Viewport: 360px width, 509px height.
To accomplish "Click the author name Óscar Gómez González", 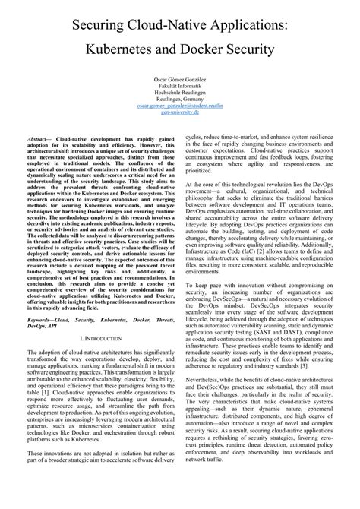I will coord(179,78).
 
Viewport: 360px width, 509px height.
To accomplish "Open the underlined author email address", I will coord(179,112).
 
